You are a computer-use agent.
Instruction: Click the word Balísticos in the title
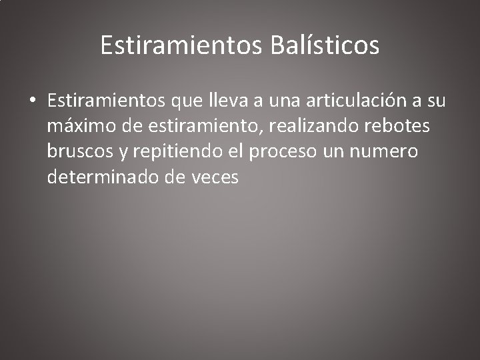[326, 46]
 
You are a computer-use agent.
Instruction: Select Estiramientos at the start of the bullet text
[106, 101]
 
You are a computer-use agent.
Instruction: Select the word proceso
[279, 152]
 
